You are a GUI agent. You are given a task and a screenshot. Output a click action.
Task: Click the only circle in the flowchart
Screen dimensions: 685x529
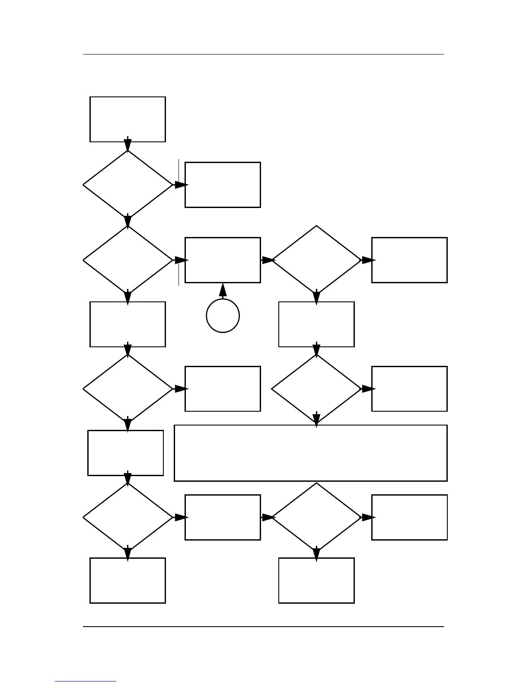click(223, 316)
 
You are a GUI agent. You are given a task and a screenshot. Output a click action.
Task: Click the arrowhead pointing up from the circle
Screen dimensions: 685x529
click(223, 290)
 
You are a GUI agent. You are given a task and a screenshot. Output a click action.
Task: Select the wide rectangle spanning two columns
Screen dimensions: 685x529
click(310, 453)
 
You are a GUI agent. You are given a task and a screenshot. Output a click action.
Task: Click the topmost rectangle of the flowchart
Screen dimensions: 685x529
click(127, 119)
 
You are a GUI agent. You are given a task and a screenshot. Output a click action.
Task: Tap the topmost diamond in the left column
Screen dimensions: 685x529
click(127, 185)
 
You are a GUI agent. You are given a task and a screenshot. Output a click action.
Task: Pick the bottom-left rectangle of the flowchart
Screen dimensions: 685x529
click(127, 580)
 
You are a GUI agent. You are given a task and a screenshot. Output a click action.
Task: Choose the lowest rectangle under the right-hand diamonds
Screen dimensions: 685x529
click(316, 580)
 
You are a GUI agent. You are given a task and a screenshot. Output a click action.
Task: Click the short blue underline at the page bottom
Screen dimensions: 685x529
click(86, 681)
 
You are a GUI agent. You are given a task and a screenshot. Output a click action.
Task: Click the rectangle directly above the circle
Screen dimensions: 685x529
click(223, 260)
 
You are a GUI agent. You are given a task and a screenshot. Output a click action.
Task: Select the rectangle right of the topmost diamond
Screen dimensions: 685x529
click(223, 185)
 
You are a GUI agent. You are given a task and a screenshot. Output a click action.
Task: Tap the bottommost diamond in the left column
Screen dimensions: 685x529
click(127, 517)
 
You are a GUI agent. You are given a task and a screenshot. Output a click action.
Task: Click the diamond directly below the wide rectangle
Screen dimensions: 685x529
click(316, 517)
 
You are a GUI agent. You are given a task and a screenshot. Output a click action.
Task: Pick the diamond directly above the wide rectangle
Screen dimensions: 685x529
click(316, 389)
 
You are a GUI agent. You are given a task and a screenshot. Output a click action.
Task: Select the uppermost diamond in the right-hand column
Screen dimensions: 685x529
click(316, 260)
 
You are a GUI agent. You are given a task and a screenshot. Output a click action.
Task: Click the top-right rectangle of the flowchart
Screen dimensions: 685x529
click(409, 260)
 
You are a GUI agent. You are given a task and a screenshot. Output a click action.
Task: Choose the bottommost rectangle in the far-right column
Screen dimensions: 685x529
click(409, 517)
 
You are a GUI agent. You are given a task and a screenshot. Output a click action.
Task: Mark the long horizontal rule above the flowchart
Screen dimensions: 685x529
click(263, 54)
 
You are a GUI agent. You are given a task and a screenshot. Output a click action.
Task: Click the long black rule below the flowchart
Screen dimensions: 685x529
click(263, 626)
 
